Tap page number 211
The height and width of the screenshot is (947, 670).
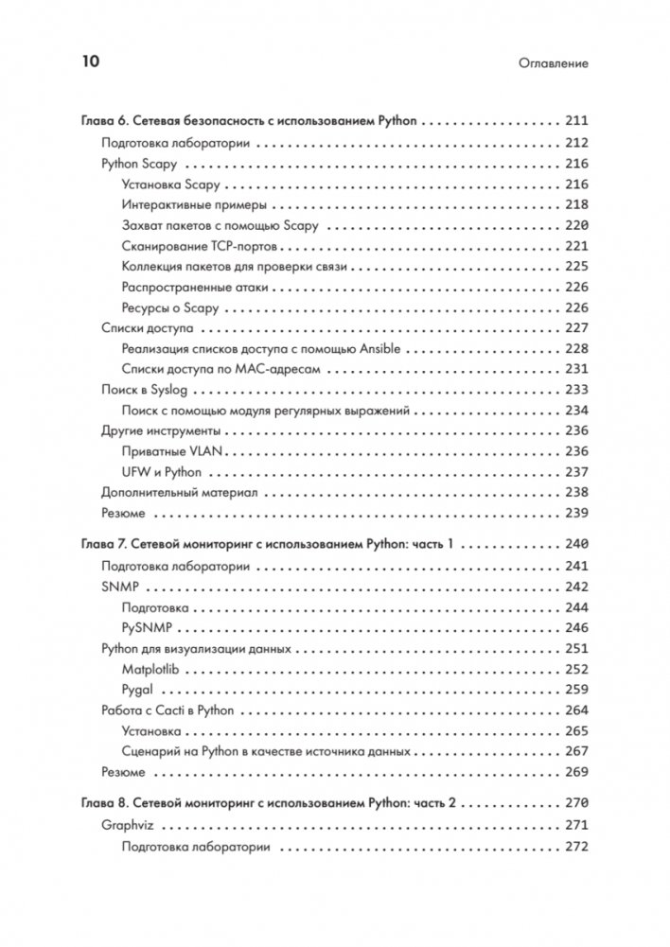pyautogui.click(x=576, y=122)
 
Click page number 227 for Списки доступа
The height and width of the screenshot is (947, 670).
pyautogui.click(x=576, y=328)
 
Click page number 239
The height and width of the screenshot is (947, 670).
pyautogui.click(x=576, y=513)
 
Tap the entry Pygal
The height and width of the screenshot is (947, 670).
pyautogui.click(x=138, y=689)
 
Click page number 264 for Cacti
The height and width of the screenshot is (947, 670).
pyautogui.click(x=576, y=710)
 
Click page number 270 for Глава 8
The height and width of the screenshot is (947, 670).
pyautogui.click(x=576, y=803)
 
